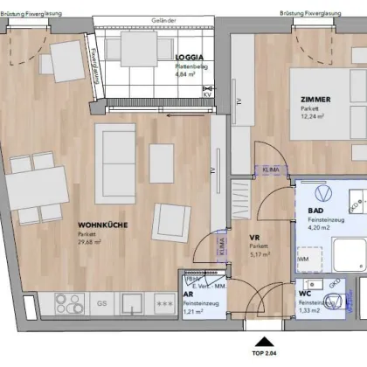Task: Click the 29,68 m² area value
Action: click(92, 243)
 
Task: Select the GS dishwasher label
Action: click(101, 303)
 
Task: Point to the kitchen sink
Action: click(133, 303)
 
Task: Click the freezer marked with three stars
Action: click(163, 303)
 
